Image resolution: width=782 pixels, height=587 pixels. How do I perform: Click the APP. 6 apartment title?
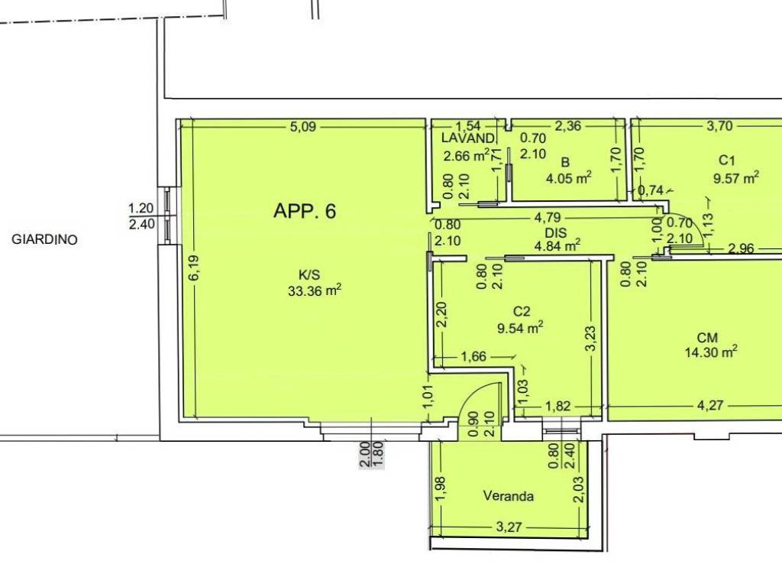point(305,211)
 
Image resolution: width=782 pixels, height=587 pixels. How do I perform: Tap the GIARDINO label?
point(44,239)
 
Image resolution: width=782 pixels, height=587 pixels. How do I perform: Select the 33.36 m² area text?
point(315,290)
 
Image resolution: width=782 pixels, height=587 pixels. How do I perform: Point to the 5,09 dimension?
point(303,127)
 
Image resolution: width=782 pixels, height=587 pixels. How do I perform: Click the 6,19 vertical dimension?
point(194,268)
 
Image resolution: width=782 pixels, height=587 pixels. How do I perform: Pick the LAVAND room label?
point(468,138)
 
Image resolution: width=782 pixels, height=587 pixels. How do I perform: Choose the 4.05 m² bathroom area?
point(568,177)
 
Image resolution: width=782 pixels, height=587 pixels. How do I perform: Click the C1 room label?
point(727,161)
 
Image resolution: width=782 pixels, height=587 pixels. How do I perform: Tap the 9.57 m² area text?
point(736,177)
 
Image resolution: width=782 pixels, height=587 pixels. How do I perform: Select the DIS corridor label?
point(556,232)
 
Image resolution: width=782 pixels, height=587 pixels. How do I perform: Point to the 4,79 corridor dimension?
point(548,218)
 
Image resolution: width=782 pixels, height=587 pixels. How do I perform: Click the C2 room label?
point(521,312)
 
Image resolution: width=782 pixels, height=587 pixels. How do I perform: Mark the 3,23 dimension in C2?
point(591,339)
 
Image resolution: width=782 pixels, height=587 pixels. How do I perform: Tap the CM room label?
point(707,338)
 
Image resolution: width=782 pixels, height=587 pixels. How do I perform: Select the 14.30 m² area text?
point(711,352)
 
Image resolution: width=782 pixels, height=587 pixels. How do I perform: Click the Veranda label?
point(508,496)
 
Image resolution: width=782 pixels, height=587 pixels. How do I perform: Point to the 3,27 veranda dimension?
point(509,527)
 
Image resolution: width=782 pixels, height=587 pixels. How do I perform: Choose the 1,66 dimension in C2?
point(473,357)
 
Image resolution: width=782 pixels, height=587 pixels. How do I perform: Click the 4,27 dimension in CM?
point(709,405)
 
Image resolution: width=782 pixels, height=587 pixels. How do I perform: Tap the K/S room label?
point(309,274)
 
